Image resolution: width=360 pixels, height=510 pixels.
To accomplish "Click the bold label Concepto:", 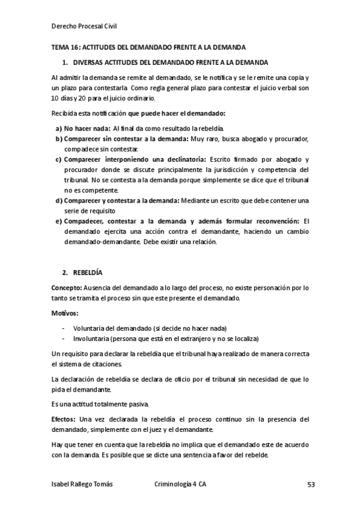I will click(66, 287).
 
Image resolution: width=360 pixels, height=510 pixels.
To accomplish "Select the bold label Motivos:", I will click(65, 313).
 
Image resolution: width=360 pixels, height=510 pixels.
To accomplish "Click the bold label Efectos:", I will click(64, 418).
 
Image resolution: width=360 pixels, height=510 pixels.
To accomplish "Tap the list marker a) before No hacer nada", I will click(59, 128).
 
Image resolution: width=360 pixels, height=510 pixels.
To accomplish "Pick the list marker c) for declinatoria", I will click(59, 159).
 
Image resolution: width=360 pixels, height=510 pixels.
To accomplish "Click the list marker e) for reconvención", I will click(59, 221).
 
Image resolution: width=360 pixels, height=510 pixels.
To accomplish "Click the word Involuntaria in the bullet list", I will click(92, 339).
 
